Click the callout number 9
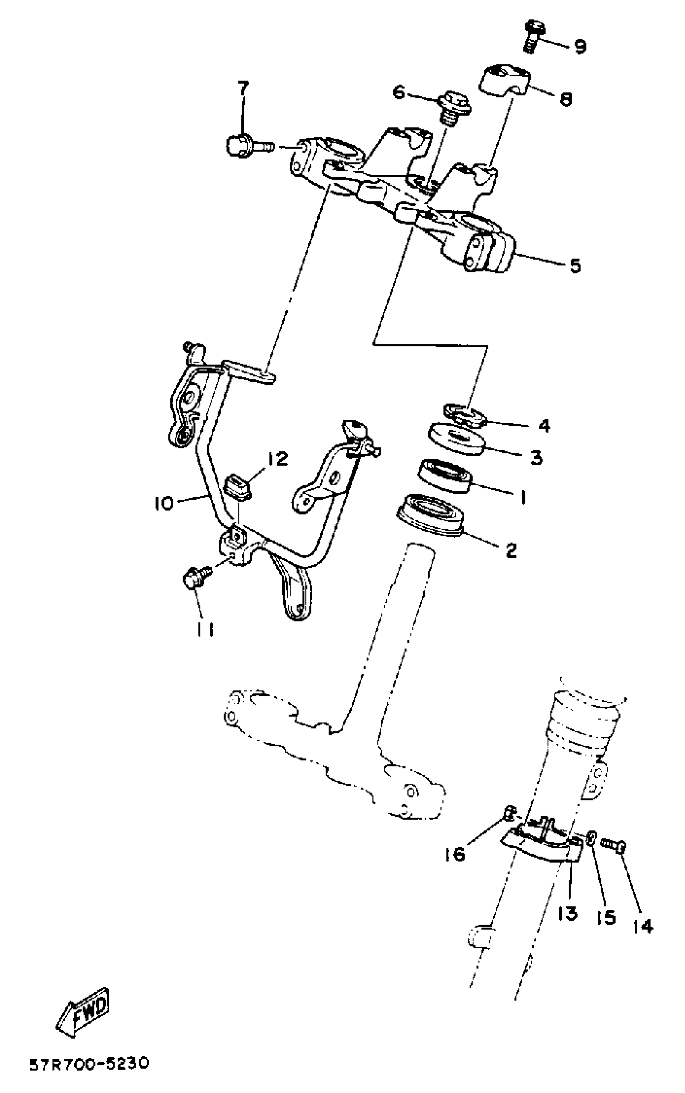click(x=579, y=46)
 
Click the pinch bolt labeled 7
click(x=247, y=146)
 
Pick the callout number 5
click(x=575, y=266)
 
